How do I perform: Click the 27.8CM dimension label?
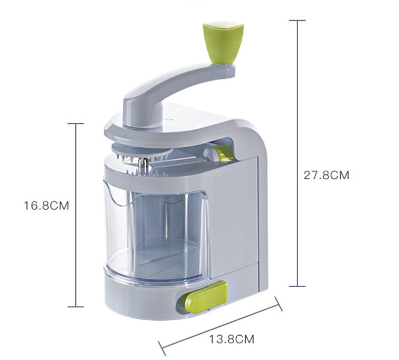point(327,175)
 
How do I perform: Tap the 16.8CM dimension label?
point(46,205)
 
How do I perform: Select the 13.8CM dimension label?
point(232,339)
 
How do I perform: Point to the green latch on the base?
point(205,297)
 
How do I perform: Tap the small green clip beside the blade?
point(224,153)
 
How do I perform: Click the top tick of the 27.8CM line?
point(297,20)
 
